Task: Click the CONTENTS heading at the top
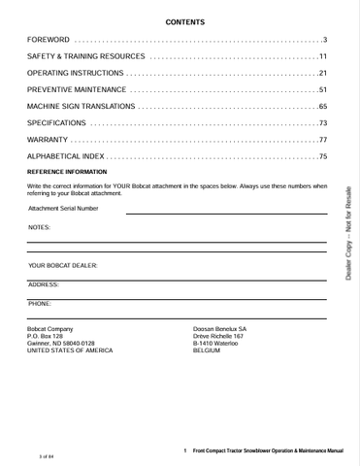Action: coord(184,20)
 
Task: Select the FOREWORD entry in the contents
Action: coord(49,40)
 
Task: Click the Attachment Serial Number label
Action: coord(63,208)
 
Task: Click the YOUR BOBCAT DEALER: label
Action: coord(63,265)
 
